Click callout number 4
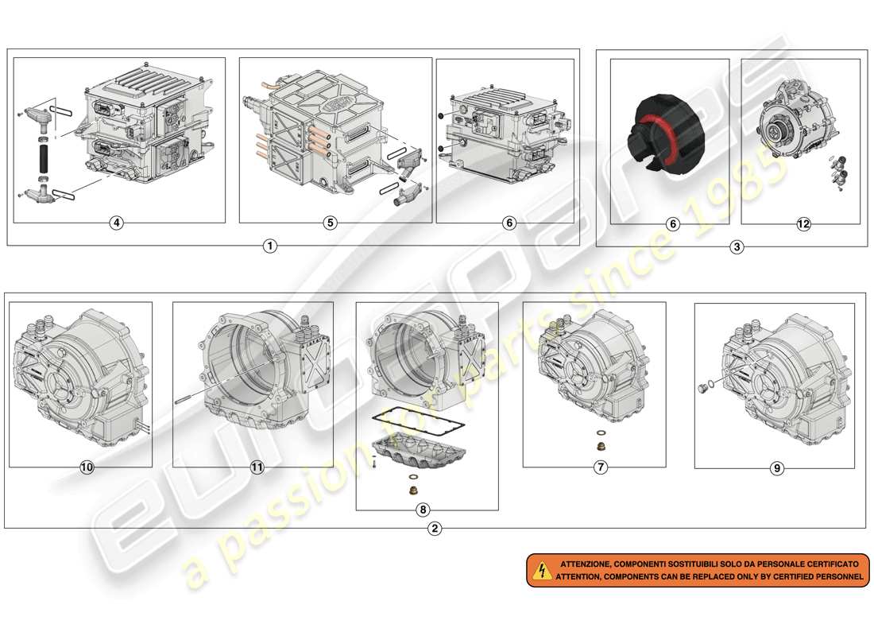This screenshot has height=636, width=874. coord(117,223)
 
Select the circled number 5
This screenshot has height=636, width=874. coord(330,223)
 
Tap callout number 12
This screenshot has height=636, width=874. coord(803,224)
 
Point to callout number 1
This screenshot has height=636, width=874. coord(270,246)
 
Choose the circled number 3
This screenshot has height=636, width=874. coord(737,246)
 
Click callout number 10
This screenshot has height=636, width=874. coord(87,467)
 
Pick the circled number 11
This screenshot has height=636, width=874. coord(257,467)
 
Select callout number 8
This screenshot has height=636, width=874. coord(422,510)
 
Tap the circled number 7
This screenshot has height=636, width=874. coord(601,467)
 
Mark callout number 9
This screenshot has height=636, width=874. coord(777,469)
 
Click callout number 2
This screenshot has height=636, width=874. coord(434,528)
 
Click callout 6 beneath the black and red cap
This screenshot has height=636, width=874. coord(672,224)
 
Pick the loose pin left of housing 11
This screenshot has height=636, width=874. coord(185,401)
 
